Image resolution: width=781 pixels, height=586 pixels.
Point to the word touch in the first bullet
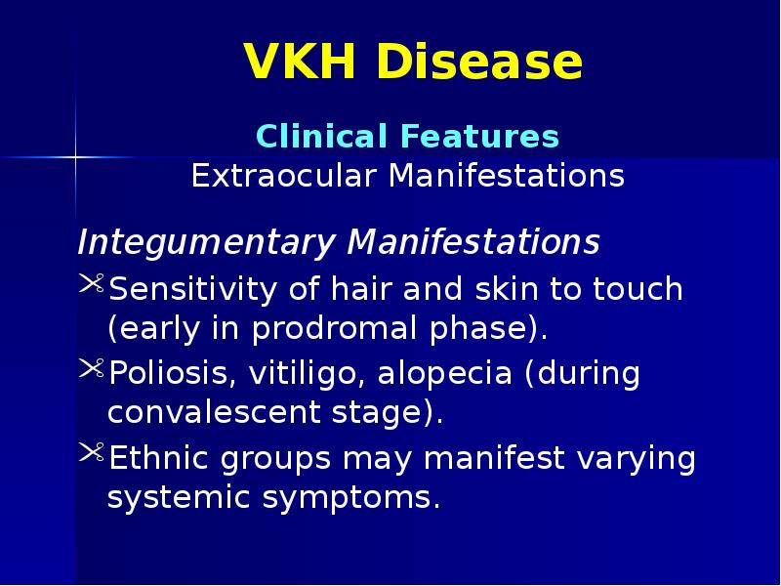(x=635, y=290)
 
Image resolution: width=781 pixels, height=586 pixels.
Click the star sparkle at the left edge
(x=75, y=155)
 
